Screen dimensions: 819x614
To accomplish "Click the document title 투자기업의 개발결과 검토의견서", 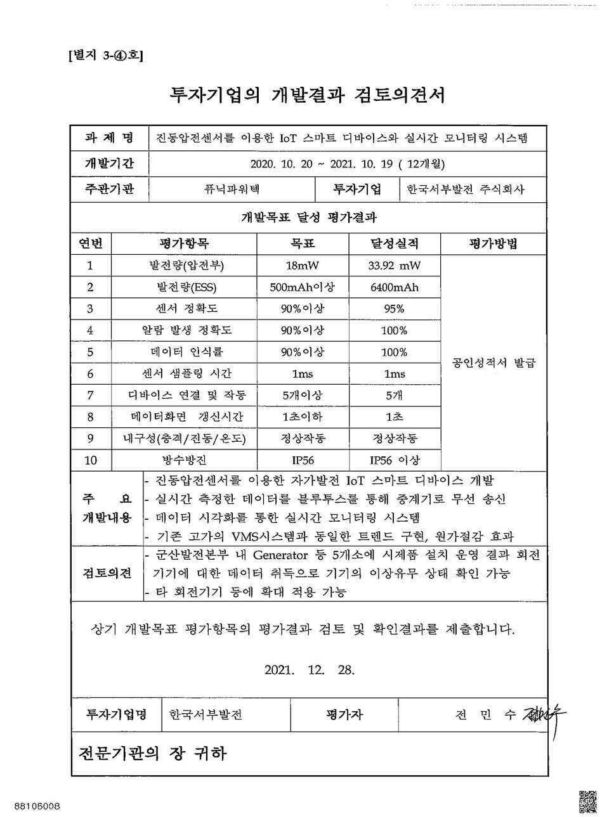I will [x=308, y=94].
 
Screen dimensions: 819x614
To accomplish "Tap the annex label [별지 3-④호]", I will [x=105, y=56].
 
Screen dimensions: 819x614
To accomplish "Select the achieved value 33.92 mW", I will [x=394, y=266].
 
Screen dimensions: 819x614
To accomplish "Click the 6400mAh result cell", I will [x=394, y=287].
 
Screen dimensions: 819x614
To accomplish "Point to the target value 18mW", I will [x=302, y=266].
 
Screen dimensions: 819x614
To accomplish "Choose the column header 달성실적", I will [x=394, y=243].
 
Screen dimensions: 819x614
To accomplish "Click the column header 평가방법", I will [x=493, y=243].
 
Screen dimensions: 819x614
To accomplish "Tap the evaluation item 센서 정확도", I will [x=183, y=309].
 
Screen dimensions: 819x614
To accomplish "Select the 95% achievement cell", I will [x=394, y=309].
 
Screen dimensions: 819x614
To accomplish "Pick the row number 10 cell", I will [x=91, y=460].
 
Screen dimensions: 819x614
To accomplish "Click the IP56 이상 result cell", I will [x=394, y=460].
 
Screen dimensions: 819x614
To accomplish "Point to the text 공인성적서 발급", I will [x=493, y=363].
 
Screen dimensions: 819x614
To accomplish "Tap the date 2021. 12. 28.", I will [x=309, y=669].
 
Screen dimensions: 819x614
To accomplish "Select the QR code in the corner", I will [x=587, y=801].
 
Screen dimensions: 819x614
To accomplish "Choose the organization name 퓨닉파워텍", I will [x=232, y=189].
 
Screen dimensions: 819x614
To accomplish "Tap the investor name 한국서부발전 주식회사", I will [x=466, y=189].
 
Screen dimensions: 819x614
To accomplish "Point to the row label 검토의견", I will [x=107, y=573].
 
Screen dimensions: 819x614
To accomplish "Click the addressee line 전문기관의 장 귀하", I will [x=152, y=753].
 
